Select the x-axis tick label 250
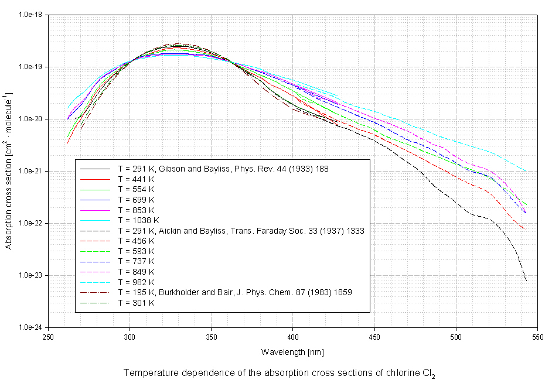click(x=49, y=336)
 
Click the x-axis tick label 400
click(x=293, y=336)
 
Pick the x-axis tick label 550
click(x=537, y=336)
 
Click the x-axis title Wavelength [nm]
click(x=292, y=352)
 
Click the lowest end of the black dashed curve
click(x=526, y=281)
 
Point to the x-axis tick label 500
click(x=455, y=336)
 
